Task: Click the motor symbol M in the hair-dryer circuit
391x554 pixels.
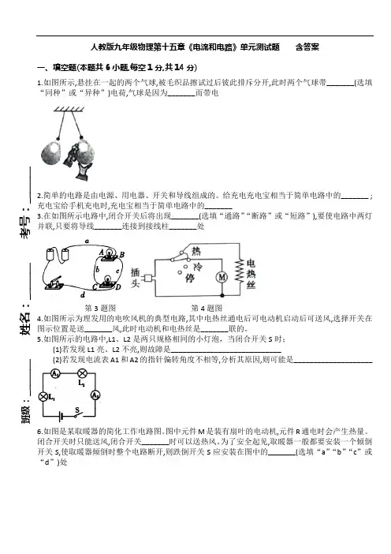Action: point(222,277)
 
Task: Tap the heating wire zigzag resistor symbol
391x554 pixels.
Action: point(240,270)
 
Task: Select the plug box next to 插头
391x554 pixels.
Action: point(148,278)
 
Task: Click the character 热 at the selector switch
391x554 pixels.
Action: point(196,251)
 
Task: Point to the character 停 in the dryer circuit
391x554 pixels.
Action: point(190,279)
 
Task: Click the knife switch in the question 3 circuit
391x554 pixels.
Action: point(54,283)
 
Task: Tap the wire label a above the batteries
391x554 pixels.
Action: point(87,241)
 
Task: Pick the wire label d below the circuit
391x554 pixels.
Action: point(83,295)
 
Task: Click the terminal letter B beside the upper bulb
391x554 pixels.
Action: point(122,255)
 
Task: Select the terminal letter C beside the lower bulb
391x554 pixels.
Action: point(95,287)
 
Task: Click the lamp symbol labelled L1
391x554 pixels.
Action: point(43,397)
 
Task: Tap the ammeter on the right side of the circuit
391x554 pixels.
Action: point(95,395)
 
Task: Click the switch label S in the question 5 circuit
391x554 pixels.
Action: point(77,410)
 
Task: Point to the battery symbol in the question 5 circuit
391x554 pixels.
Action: point(61,417)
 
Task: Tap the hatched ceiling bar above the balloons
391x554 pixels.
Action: point(69,109)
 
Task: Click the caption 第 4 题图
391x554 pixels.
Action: point(207,308)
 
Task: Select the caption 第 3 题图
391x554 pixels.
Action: point(100,308)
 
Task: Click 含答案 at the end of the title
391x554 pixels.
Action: point(307,47)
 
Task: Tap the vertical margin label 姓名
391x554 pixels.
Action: point(25,324)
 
